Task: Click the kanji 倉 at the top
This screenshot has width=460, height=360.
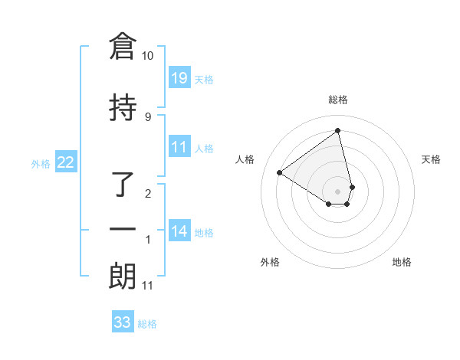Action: click(123, 47)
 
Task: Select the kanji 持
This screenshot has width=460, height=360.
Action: click(123, 109)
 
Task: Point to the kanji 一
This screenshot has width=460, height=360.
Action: click(123, 229)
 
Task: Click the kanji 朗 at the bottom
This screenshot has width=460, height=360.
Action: click(123, 277)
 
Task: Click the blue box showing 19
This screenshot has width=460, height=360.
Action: click(179, 78)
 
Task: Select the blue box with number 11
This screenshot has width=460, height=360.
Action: click(179, 147)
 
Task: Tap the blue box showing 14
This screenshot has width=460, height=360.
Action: click(179, 231)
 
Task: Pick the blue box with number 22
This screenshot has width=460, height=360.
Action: click(66, 162)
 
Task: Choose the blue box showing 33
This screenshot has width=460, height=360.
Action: click(123, 322)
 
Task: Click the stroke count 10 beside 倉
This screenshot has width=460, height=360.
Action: click(148, 56)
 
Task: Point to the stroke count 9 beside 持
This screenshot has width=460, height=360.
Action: click(148, 116)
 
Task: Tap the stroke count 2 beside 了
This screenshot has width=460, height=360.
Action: click(148, 193)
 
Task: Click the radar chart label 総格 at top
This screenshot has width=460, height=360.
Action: click(338, 100)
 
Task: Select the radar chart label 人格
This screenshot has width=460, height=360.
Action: click(245, 159)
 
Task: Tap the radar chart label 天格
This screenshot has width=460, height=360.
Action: click(432, 159)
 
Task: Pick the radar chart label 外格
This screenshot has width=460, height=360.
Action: click(270, 262)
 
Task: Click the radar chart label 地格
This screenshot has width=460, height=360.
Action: click(402, 262)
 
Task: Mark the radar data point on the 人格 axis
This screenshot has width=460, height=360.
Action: click(279, 172)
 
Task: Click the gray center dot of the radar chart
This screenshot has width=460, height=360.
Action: click(338, 191)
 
